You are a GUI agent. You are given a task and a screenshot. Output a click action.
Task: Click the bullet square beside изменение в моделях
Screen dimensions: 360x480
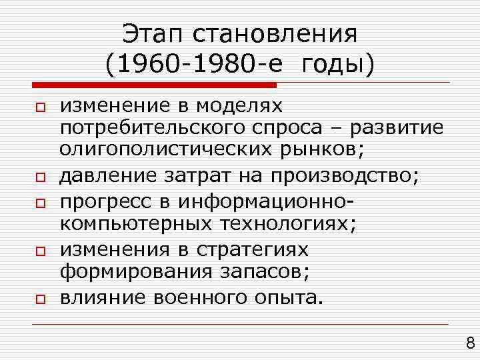tap(40, 107)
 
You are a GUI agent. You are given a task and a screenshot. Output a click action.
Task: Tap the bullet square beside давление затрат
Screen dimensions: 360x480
tap(40, 177)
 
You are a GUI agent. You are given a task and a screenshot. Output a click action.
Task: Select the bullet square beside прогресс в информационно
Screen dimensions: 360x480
tap(40, 201)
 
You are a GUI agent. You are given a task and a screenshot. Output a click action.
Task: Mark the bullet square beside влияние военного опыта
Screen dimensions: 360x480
tap(40, 299)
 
